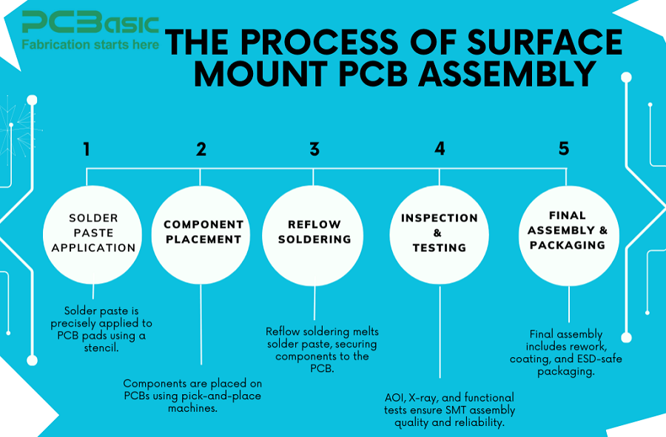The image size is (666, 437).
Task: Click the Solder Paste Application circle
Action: point(92,233)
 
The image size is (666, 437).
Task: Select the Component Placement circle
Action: point(203,232)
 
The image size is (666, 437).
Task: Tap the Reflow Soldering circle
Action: point(314,232)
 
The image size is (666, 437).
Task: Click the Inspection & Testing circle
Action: point(439,233)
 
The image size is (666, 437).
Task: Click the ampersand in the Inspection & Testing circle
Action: point(438,233)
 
